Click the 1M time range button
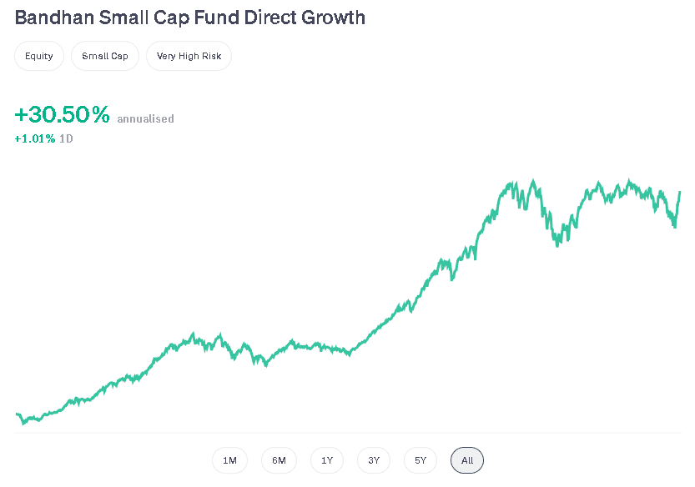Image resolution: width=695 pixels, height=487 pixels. point(229,460)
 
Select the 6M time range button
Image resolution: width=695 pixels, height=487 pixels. point(279,460)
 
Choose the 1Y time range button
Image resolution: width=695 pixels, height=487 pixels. point(327,460)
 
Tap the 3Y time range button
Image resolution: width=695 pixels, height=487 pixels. point(374,460)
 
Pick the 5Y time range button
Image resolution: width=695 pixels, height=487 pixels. point(421,460)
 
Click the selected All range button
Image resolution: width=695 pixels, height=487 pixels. point(467,460)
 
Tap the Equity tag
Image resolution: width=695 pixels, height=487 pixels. point(39,56)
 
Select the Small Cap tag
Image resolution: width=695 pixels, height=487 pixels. point(105,56)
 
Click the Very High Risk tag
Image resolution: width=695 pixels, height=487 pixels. point(189,56)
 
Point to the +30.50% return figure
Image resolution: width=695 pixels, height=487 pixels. point(63,116)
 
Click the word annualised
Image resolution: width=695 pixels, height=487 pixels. point(145,119)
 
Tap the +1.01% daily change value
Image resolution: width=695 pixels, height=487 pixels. point(35,138)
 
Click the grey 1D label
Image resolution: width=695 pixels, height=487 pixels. point(66,138)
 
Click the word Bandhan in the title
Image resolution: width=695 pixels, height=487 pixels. point(50,18)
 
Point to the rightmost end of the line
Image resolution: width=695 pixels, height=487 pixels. point(680,192)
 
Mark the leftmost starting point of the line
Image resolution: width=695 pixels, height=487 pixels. point(17,414)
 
